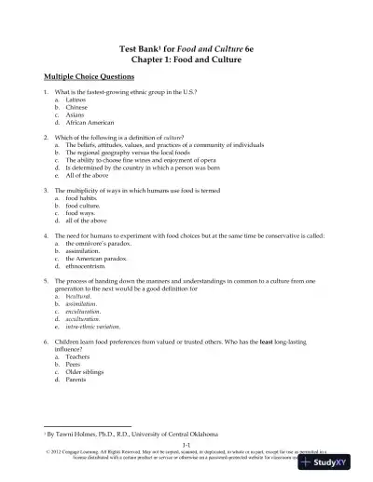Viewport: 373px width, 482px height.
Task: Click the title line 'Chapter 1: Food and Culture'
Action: coord(186,57)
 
